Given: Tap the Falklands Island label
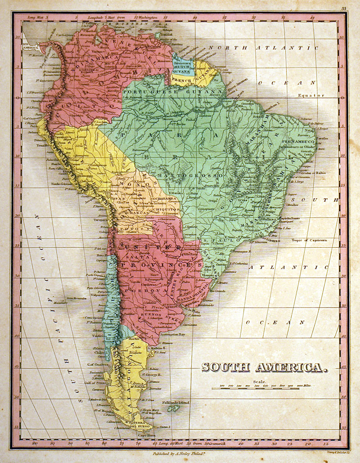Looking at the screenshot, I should click(x=179, y=402).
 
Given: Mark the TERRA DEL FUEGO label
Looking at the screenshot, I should click(x=140, y=425).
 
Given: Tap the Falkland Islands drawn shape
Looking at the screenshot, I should click(x=172, y=409).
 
